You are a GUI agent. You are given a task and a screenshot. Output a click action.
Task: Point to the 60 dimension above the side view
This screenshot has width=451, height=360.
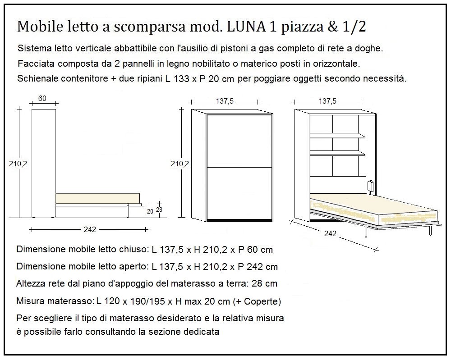[x=42, y=99]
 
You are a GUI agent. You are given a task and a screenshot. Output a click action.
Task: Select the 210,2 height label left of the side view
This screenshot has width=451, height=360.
[x=18, y=164]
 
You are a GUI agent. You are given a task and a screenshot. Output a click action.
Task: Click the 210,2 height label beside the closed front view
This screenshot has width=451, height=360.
[x=180, y=164]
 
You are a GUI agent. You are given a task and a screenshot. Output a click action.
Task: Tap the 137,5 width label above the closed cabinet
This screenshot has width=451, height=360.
[x=225, y=101]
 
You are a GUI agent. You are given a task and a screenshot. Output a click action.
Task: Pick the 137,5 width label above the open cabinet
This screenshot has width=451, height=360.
[x=327, y=101]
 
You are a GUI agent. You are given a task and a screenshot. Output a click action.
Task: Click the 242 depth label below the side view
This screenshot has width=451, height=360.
[x=90, y=229]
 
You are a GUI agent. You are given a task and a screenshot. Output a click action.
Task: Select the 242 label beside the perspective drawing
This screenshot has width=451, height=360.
[x=330, y=233]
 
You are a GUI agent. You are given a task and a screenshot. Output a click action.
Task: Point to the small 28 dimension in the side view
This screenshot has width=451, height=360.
[x=159, y=210]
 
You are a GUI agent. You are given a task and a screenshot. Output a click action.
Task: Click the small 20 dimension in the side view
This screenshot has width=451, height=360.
[x=150, y=211]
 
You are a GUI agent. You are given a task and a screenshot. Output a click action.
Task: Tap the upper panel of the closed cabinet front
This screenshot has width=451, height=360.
[x=239, y=141]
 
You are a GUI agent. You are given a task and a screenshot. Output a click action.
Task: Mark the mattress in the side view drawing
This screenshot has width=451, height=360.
[x=97, y=199]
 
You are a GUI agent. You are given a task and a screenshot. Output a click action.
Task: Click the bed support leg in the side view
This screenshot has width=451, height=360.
[x=129, y=210]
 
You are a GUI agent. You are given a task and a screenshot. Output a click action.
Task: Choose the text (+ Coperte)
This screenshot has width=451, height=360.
[x=262, y=301]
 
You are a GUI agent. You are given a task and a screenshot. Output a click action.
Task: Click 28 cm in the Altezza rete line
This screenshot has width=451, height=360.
[x=264, y=284]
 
